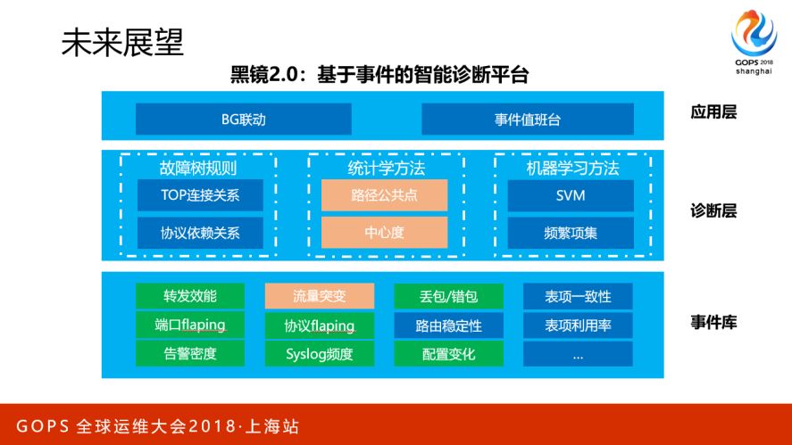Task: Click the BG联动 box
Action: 243,119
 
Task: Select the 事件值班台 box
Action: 527,119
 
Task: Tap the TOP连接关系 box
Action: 188,196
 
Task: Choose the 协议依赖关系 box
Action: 188,233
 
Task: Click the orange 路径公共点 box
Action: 384,196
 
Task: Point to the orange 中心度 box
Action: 384,233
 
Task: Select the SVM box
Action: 571,196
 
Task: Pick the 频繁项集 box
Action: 571,233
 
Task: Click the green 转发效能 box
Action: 189,296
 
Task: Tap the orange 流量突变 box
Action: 319,296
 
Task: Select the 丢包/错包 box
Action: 448,296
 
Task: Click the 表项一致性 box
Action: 578,296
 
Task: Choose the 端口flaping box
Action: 189,325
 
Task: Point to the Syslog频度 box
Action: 319,354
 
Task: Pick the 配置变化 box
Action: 448,354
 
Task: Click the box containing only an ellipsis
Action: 578,354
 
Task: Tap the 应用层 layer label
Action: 713,113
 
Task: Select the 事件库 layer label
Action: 713,322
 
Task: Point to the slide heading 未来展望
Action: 122,42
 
